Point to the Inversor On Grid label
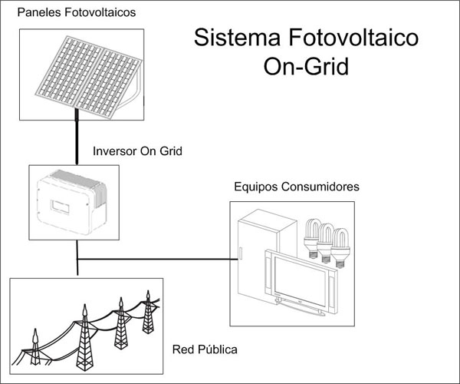pyautogui.click(x=136, y=151)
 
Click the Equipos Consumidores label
pyautogui.click(x=296, y=187)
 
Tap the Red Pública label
pyautogui.click(x=205, y=349)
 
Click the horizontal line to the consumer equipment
pyautogui.click(x=153, y=259)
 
